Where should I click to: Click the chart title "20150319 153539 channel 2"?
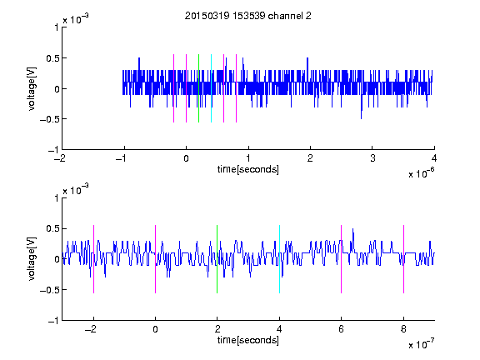pos(248,16)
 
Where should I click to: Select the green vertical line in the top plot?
pos(198,88)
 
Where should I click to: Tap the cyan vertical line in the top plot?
pos(211,88)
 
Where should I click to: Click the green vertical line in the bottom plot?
pos(217,259)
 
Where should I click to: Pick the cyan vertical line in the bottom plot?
pos(279,259)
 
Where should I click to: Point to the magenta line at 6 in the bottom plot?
pos(342,259)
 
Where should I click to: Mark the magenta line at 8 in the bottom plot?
pos(404,259)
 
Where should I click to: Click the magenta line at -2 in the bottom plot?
pos(93,259)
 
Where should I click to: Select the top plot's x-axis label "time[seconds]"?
pos(248,169)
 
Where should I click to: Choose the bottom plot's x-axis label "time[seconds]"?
pos(248,340)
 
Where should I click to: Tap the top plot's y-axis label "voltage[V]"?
pos(32,89)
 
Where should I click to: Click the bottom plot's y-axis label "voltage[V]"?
pos(32,259)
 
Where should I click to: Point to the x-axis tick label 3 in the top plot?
pos(372,158)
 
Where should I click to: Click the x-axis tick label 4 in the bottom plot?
pos(279,329)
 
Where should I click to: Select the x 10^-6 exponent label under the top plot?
pos(421,172)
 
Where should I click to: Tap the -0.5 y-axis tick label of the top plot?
pos(49,119)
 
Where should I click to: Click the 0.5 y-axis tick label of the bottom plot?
pos(52,228)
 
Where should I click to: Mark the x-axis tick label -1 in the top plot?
pos(121,158)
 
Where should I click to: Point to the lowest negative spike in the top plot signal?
pos(361,118)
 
